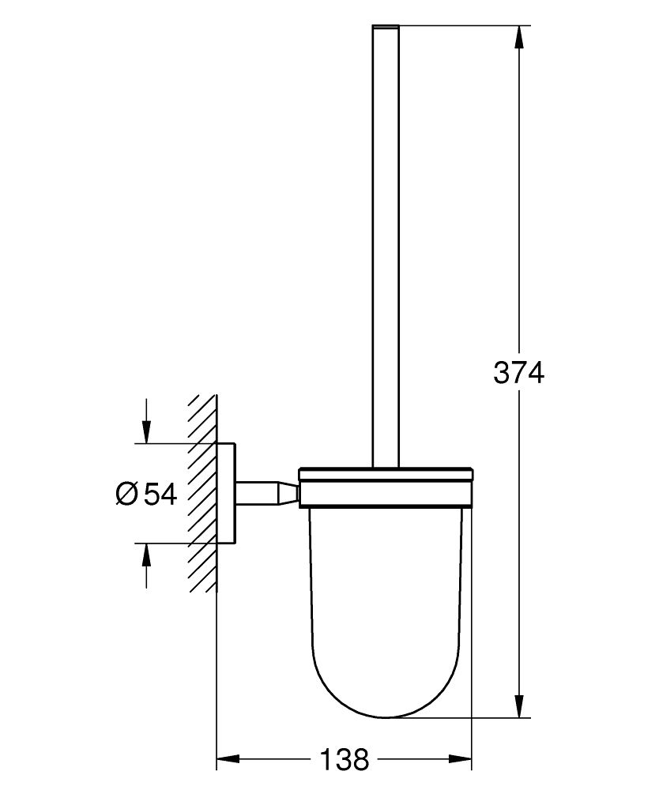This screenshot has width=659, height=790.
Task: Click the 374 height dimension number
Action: click(x=518, y=371)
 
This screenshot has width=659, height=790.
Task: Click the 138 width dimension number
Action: click(x=345, y=760)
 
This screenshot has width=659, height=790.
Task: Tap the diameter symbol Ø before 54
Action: click(x=127, y=495)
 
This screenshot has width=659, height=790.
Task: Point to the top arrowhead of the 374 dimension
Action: click(x=518, y=36)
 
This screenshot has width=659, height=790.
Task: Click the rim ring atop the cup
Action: click(x=386, y=476)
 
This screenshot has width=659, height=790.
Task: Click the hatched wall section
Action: click(x=202, y=494)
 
